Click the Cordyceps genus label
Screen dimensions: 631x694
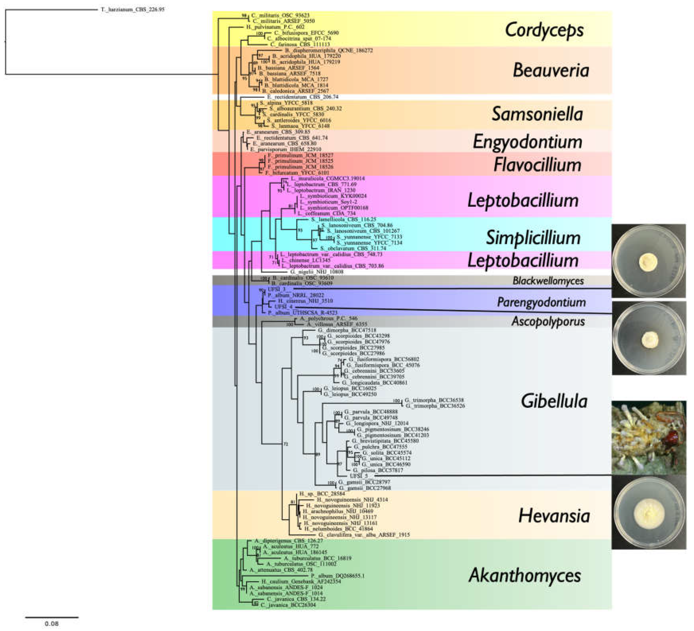545,30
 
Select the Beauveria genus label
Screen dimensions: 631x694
551,70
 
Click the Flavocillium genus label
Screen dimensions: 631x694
537,165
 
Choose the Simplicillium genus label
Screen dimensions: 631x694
533,238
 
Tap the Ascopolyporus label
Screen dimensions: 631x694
548,321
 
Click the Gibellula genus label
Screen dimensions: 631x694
554,401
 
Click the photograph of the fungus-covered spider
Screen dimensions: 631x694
648,437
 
